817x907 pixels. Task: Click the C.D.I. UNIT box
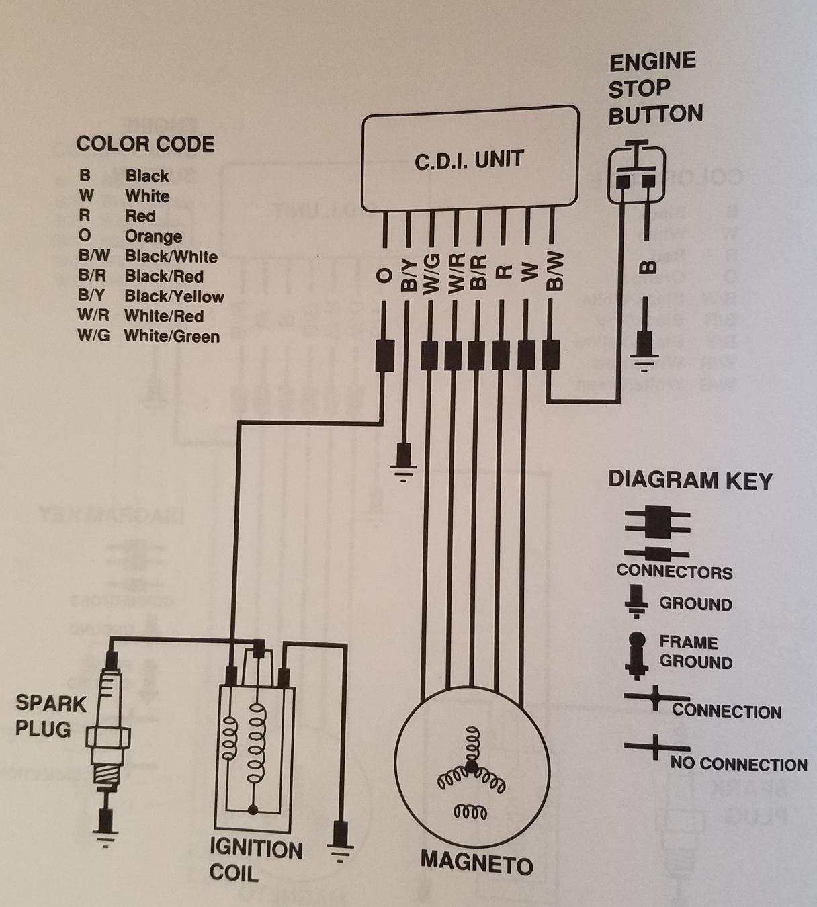tap(470, 160)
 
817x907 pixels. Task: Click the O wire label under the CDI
tap(384, 275)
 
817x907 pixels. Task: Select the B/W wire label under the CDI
tap(554, 272)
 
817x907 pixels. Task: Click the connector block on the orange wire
tap(384, 355)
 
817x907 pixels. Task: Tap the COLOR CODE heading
tap(145, 144)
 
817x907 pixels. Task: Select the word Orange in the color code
tap(153, 236)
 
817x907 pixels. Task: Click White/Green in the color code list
tap(172, 336)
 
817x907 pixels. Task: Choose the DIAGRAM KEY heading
tap(690, 480)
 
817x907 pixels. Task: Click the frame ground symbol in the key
tap(636, 652)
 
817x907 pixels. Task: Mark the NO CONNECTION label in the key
tap(738, 764)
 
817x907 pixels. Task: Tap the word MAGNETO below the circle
tap(476, 863)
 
